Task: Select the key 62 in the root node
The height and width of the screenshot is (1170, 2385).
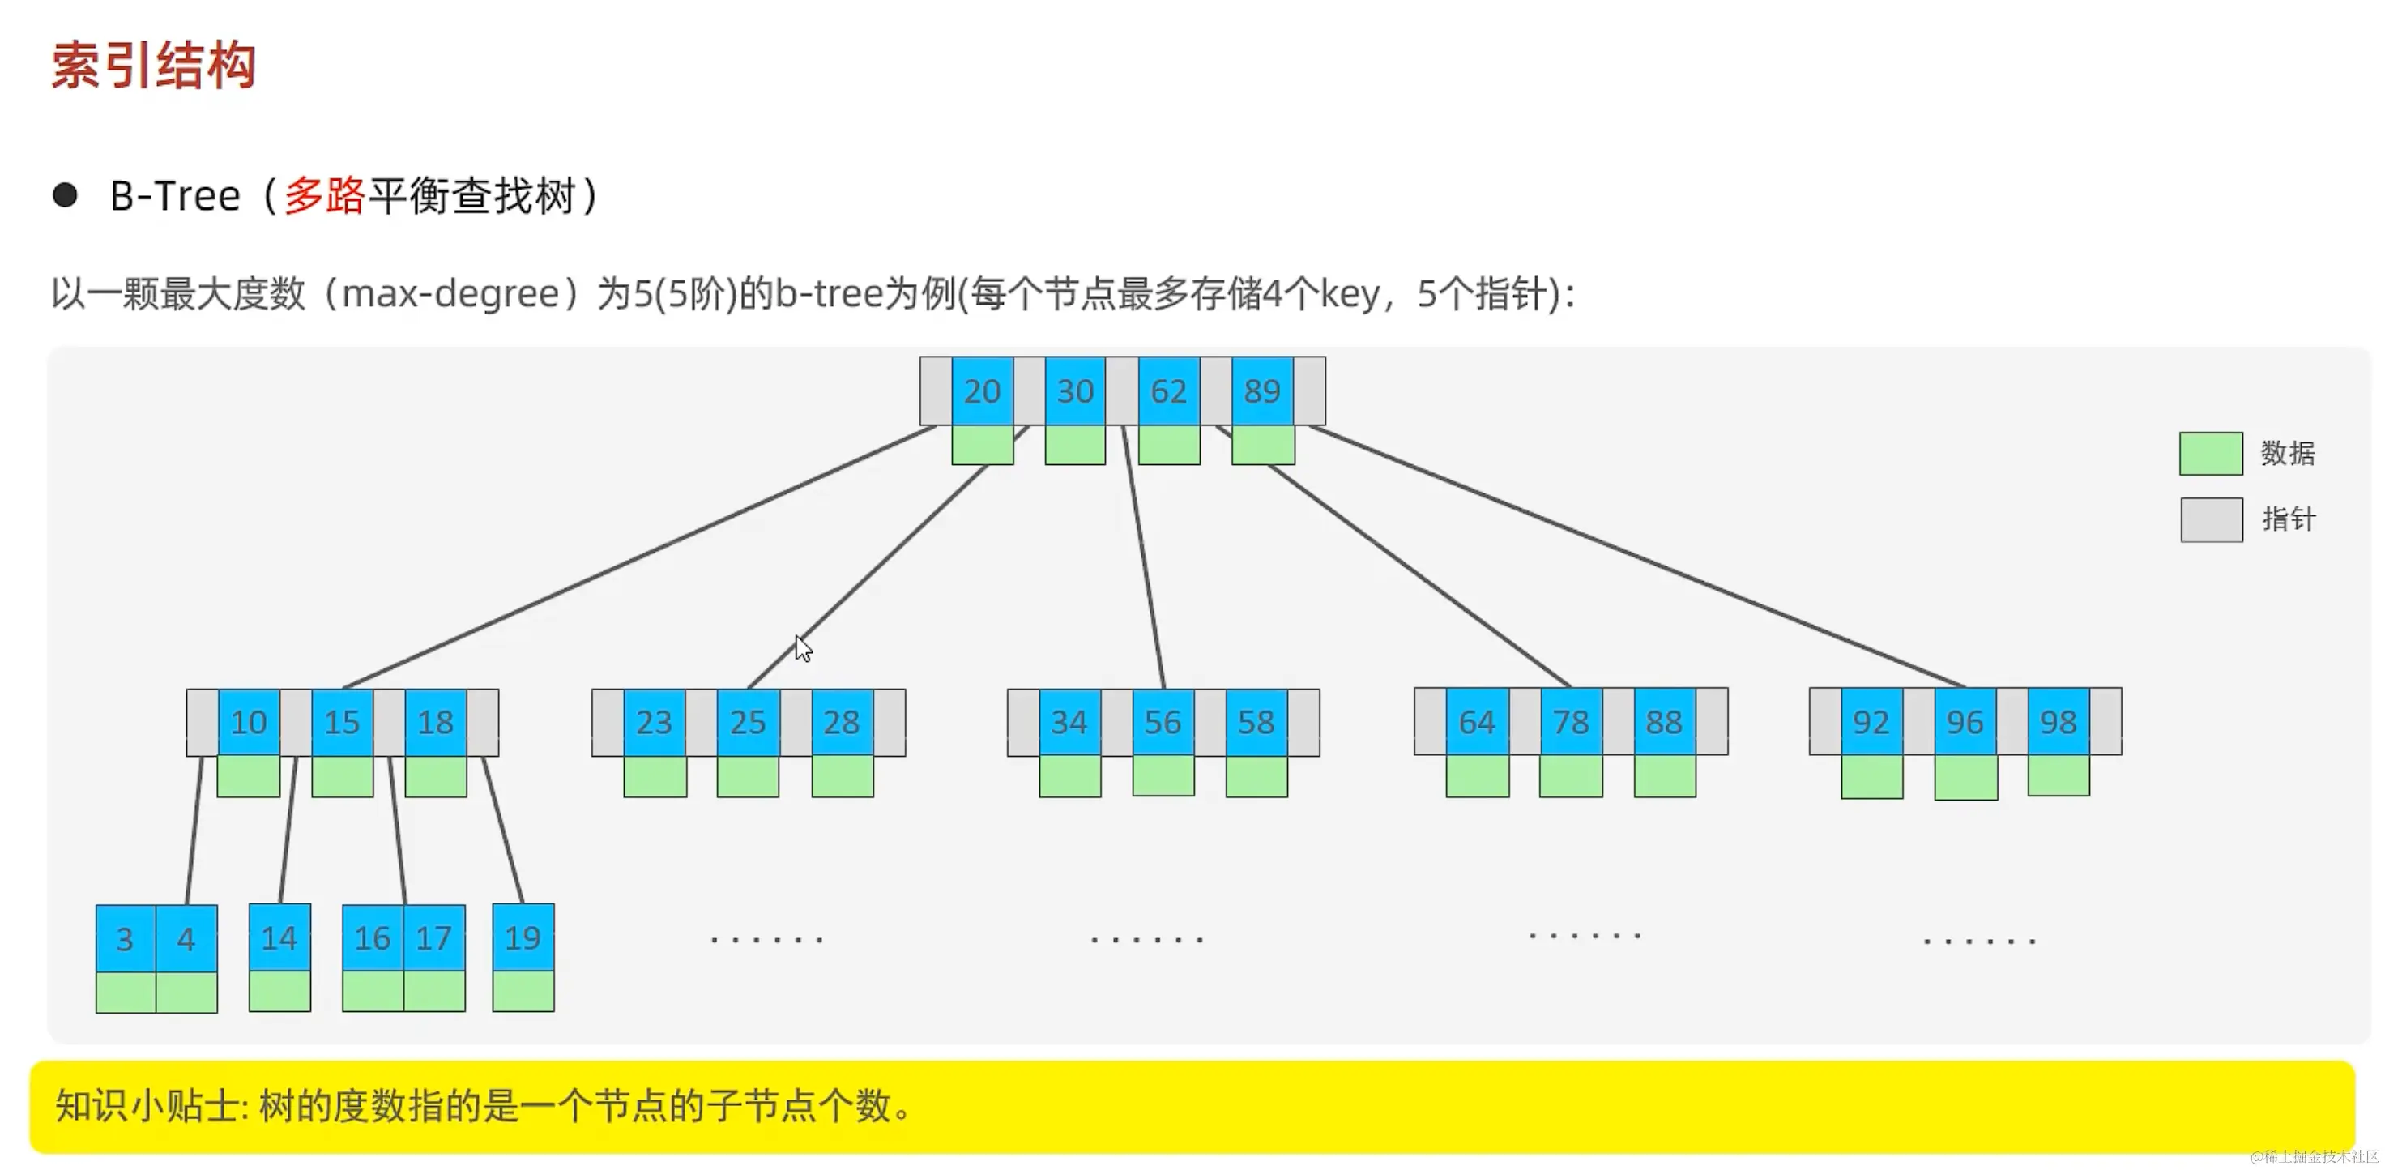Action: point(1168,391)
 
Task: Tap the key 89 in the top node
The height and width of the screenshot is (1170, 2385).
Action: point(1262,391)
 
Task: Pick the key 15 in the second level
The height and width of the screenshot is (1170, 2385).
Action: point(342,722)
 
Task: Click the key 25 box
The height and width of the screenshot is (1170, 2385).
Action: point(747,722)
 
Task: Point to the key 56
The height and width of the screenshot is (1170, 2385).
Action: point(1162,722)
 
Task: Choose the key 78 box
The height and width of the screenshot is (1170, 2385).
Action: point(1570,722)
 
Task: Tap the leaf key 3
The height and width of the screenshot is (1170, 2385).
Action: point(125,938)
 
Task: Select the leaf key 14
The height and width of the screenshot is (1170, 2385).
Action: point(279,938)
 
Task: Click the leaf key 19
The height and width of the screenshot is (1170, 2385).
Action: point(523,938)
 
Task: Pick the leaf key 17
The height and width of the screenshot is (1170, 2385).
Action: point(433,938)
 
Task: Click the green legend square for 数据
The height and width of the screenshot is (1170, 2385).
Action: point(2210,454)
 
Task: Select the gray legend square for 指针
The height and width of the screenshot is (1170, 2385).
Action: point(2210,519)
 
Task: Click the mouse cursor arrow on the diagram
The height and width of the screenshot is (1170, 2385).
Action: point(803,648)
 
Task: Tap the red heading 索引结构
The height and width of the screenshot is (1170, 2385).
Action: point(153,66)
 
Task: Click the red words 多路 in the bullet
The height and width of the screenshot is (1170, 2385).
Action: point(324,196)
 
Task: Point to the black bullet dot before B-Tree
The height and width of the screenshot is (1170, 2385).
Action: point(65,195)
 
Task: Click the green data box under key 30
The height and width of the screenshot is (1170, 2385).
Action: point(1074,445)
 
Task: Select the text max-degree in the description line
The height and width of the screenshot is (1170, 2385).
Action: point(451,294)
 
